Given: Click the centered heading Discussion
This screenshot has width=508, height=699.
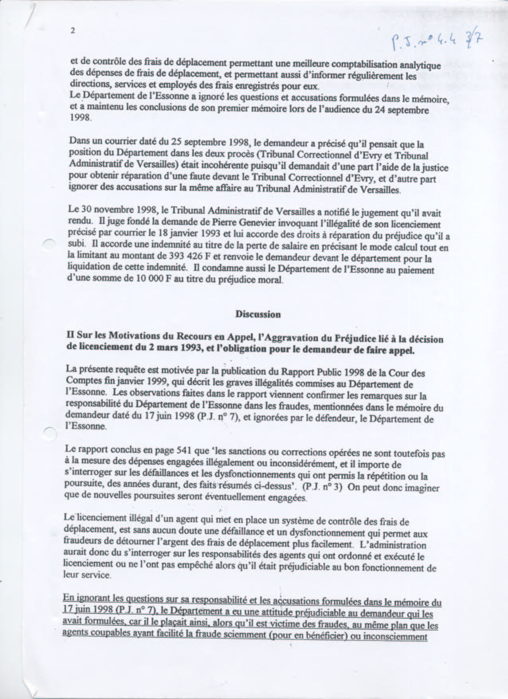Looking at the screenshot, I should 258,314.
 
